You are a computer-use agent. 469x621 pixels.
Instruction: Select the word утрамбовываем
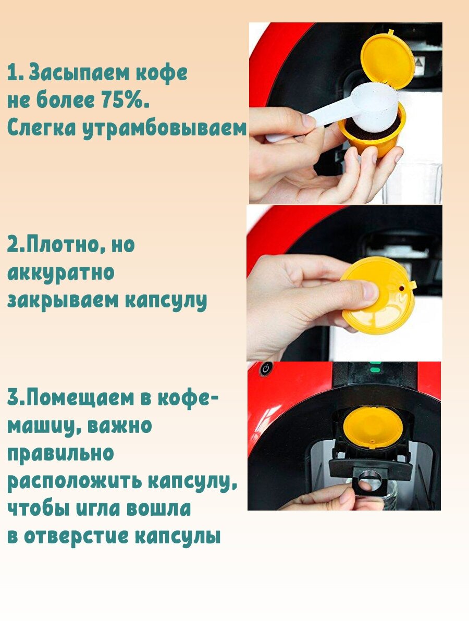[164, 129]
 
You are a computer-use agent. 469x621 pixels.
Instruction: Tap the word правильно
[60, 454]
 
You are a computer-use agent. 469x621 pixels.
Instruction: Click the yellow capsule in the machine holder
[373, 428]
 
